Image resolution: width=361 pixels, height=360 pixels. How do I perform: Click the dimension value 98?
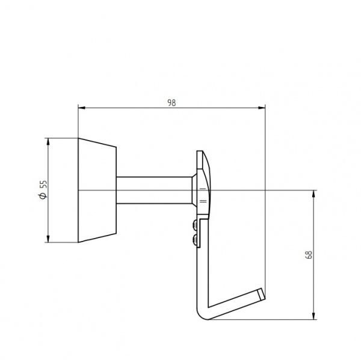(171, 103)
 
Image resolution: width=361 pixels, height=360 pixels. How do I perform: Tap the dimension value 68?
(309, 255)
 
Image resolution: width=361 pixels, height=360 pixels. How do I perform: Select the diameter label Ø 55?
(43, 190)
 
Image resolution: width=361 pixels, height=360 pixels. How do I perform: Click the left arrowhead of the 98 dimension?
(81, 108)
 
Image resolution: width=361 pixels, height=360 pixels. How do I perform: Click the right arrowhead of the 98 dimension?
(262, 108)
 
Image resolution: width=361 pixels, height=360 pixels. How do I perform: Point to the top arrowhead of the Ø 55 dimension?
(48, 141)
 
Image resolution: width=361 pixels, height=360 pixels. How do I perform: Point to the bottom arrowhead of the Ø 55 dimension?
(48, 239)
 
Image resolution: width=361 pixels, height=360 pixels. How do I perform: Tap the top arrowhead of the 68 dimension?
(313, 194)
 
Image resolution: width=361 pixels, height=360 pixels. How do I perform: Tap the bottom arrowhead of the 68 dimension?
(313, 316)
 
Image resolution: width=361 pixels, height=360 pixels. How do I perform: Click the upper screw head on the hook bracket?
(194, 225)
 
